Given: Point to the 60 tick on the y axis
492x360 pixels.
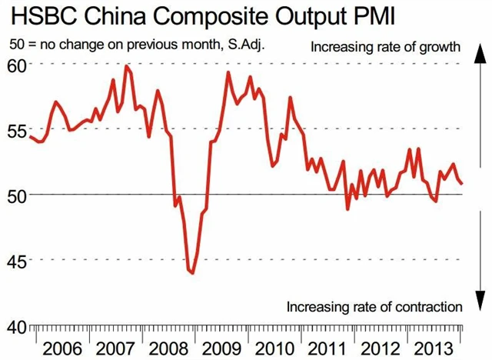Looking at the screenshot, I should click(x=17, y=64).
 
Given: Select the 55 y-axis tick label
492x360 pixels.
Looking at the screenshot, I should click(x=17, y=129).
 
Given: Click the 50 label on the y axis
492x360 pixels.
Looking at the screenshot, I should click(x=17, y=195).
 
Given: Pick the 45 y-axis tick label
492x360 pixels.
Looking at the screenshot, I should click(x=17, y=260).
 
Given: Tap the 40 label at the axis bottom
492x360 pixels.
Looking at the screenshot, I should click(x=17, y=325).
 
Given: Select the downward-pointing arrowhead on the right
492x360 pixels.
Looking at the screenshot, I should click(x=477, y=305).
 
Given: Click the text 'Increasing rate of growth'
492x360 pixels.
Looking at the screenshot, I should click(x=385, y=48).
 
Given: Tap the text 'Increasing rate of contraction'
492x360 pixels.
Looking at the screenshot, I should click(x=374, y=307).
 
